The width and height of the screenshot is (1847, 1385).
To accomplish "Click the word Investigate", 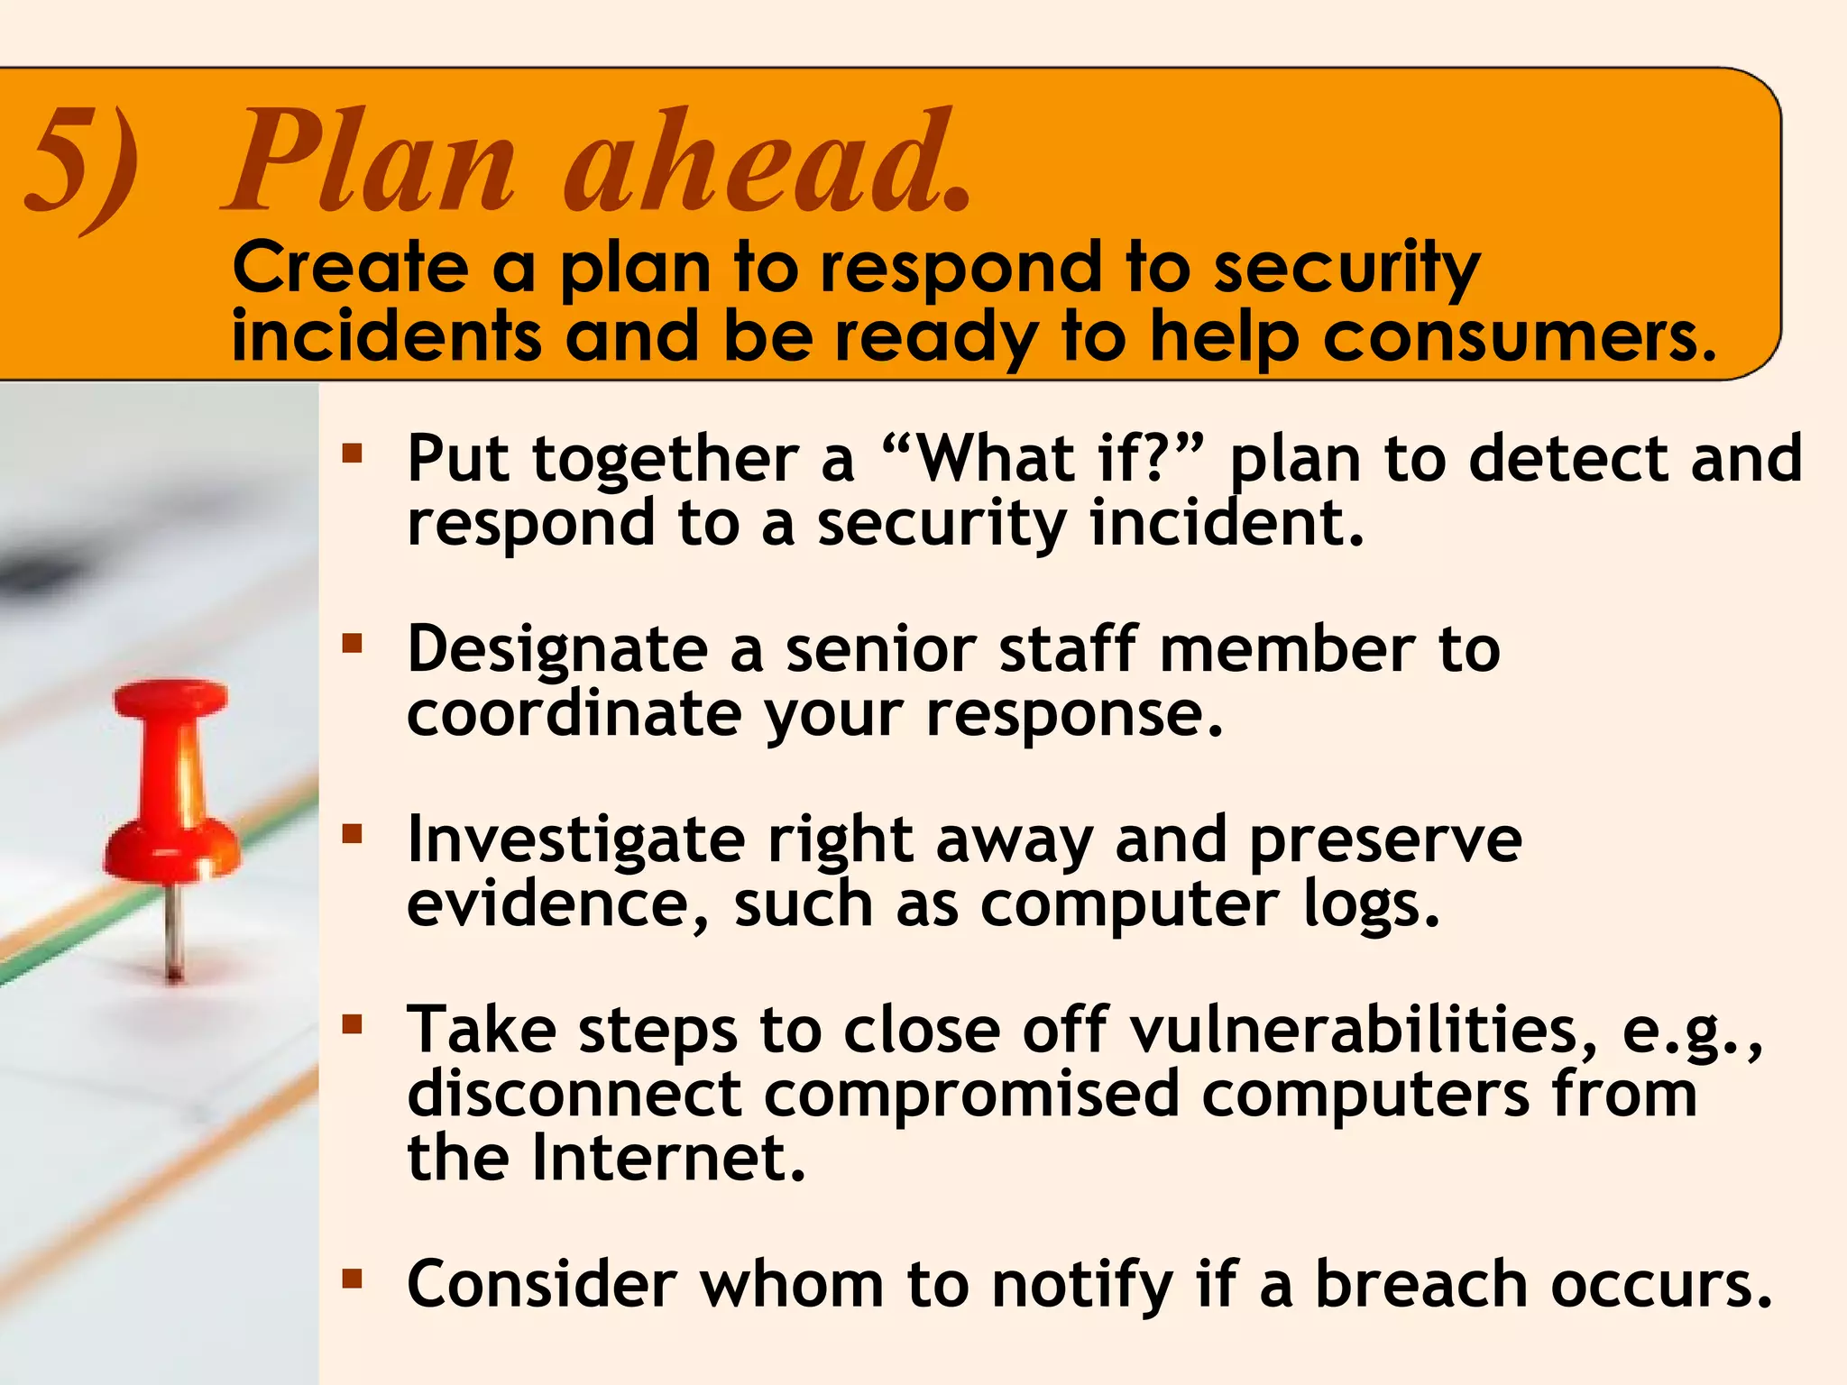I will click(x=575, y=841).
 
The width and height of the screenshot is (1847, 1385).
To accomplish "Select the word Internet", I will click(x=667, y=1158).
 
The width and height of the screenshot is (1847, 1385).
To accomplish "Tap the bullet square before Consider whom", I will click(x=352, y=1278).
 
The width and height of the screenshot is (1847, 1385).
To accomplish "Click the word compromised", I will click(x=972, y=1094).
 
